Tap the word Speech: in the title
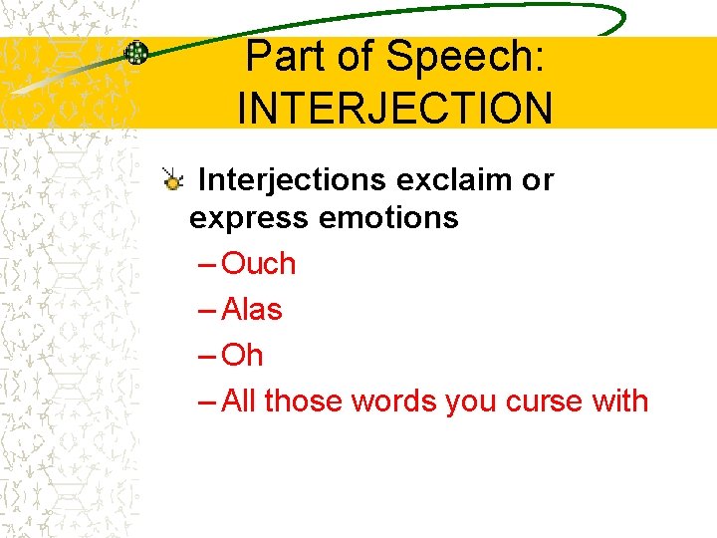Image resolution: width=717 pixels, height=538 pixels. tap(465, 59)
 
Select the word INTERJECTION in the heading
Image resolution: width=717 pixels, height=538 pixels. tap(394, 108)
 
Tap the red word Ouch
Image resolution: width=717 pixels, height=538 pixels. tap(259, 264)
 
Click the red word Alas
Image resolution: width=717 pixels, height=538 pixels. tap(252, 310)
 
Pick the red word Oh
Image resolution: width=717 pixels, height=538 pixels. tap(242, 356)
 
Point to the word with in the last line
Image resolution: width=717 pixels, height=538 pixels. tap(621, 402)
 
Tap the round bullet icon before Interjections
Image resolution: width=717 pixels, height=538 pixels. tap(173, 180)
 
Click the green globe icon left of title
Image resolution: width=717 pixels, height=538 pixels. tap(136, 53)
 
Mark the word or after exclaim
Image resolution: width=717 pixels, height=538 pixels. tap(537, 180)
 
